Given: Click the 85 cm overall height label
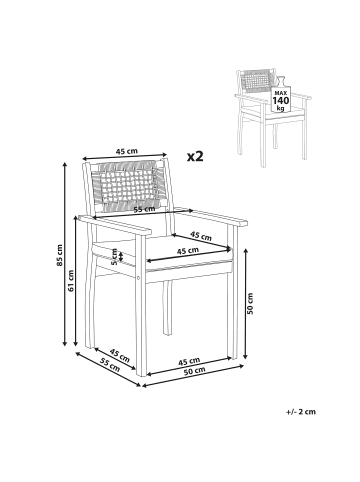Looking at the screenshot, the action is [60, 255].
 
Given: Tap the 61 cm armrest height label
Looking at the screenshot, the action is [71, 281].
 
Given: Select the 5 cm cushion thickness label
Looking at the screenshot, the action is [114, 257].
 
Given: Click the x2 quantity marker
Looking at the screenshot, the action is [195, 156].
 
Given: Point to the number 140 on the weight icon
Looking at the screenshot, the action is [281, 101].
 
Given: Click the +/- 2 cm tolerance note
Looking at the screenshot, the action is [301, 412].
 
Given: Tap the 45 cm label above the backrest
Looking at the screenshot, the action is [126, 151].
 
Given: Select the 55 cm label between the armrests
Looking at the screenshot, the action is [144, 209].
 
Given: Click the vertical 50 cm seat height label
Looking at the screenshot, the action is [250, 304].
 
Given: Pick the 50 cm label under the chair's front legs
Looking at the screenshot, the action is [195, 370].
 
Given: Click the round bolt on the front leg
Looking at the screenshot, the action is [139, 278].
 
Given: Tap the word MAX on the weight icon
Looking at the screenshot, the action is [281, 93].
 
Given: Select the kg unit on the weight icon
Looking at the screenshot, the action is [281, 108].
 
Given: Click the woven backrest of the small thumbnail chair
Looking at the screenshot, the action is [255, 81].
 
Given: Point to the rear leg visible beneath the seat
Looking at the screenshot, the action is [167, 308].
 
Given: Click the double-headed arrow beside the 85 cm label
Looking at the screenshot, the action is [65, 254].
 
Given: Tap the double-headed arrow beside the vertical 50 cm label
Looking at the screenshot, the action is [246, 304].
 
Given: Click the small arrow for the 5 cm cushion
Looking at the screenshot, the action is [121, 257].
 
